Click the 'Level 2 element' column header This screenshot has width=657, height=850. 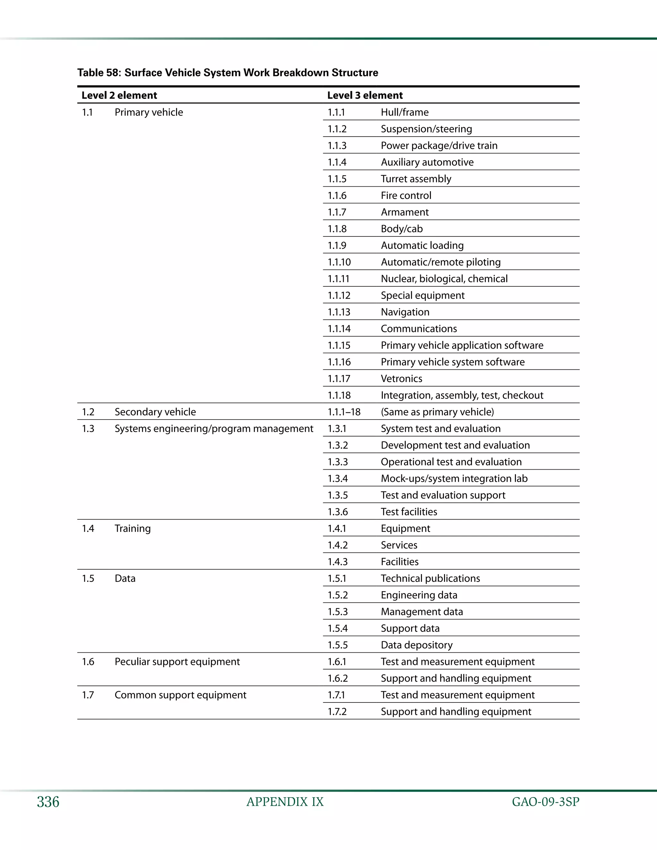[x=119, y=95]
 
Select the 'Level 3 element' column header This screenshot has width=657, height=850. [x=365, y=95]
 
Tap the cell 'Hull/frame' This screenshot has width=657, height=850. [x=405, y=113]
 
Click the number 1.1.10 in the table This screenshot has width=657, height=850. [x=339, y=262]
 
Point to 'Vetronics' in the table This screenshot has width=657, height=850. [x=401, y=379]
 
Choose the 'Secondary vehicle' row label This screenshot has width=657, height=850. [x=155, y=412]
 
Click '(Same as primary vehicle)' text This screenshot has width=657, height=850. [x=437, y=412]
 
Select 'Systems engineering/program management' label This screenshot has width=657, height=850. [x=214, y=429]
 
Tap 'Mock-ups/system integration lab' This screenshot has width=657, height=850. [x=454, y=479]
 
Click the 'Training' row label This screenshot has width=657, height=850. [x=132, y=529]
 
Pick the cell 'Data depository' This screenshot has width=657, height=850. [x=416, y=645]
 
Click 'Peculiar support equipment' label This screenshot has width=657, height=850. [x=177, y=662]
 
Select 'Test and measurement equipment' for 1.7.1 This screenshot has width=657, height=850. [x=457, y=695]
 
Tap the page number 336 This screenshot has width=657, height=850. [x=48, y=802]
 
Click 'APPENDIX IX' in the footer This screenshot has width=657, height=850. [x=285, y=802]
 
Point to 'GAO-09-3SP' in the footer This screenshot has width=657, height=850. [x=545, y=802]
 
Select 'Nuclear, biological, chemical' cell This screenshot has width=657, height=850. [x=444, y=279]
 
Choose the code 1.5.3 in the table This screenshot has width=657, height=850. [x=337, y=612]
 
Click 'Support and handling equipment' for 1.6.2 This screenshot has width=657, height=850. [x=456, y=678]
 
